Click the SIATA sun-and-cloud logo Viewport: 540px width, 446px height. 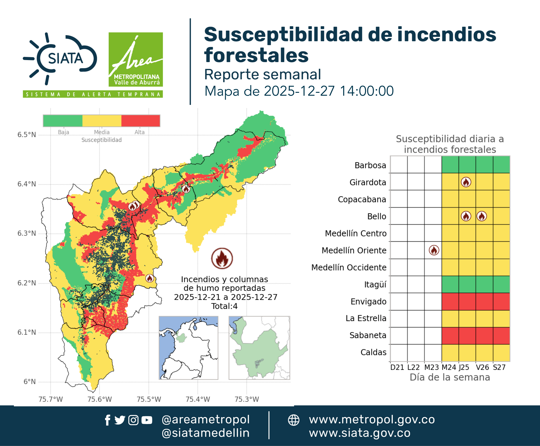pyautogui.click(x=60, y=58)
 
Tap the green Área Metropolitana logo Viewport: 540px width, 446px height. pyautogui.click(x=136, y=59)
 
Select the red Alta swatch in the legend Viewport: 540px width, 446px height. pyautogui.click(x=140, y=121)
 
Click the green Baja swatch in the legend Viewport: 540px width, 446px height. pyautogui.click(x=63, y=121)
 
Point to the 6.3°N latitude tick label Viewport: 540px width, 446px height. pyautogui.click(x=27, y=233)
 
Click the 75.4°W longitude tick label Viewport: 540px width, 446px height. pyautogui.click(x=198, y=399)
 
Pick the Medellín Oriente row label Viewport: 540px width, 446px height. pyautogui.click(x=354, y=250)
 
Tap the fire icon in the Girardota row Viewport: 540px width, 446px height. pyautogui.click(x=466, y=182)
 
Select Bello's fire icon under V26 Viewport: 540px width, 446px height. pyautogui.click(x=482, y=216)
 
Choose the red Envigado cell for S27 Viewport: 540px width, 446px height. pyautogui.click(x=501, y=301)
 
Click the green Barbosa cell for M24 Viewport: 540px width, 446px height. pyautogui.click(x=450, y=165)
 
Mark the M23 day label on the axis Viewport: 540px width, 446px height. pyautogui.click(x=431, y=367)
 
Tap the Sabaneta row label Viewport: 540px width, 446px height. pyautogui.click(x=368, y=335)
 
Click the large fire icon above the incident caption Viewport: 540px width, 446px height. pyautogui.click(x=222, y=258)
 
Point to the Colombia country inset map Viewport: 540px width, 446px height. pyautogui.click(x=188, y=348)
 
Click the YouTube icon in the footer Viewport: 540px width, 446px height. pyautogui.click(x=147, y=420)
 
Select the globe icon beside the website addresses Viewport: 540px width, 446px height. pyautogui.click(x=293, y=420)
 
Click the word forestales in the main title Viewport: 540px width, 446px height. pyautogui.click(x=256, y=55)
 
